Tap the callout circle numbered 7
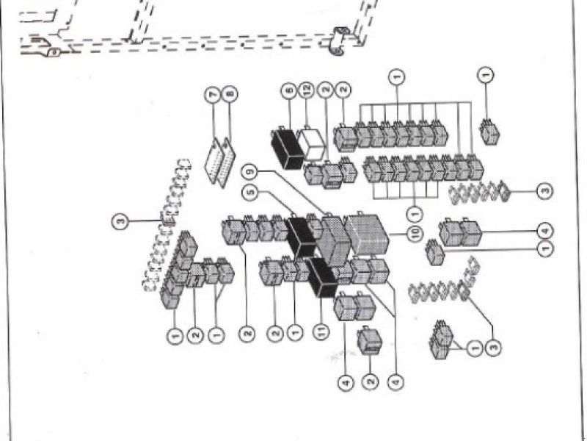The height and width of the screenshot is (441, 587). pos(213,96)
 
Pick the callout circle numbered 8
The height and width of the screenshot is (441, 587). pos(231,96)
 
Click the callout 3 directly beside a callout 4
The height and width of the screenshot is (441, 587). pos(544,191)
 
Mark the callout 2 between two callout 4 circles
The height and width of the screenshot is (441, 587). pos(371,381)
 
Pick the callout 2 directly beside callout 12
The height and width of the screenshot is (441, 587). pos(325,91)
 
